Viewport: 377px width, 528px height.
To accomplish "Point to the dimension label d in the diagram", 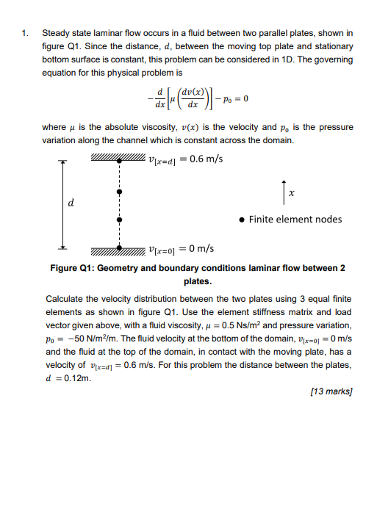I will click(x=71, y=202).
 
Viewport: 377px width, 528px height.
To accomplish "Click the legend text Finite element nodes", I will click(x=295, y=219).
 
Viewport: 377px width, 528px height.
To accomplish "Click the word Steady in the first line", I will click(x=57, y=33).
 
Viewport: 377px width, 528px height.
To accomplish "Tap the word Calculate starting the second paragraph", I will click(x=67, y=300).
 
